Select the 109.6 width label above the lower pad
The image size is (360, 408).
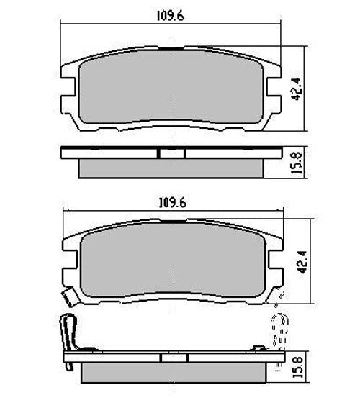click(x=172, y=203)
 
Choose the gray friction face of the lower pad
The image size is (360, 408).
click(x=173, y=266)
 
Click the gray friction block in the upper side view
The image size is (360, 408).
click(x=171, y=168)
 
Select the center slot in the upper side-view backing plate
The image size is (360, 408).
click(x=171, y=153)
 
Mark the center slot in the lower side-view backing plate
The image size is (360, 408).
click(x=173, y=358)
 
